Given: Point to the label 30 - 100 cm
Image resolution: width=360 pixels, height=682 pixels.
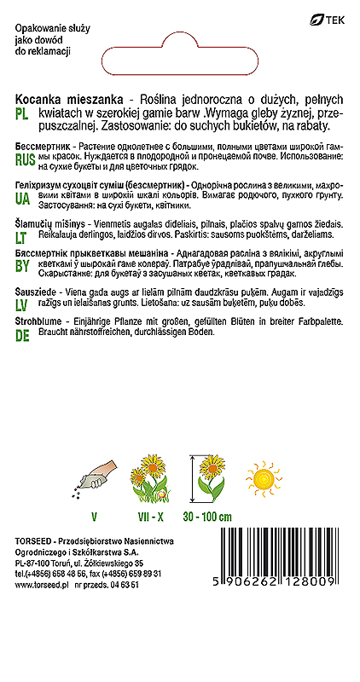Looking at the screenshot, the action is tap(206, 517).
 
